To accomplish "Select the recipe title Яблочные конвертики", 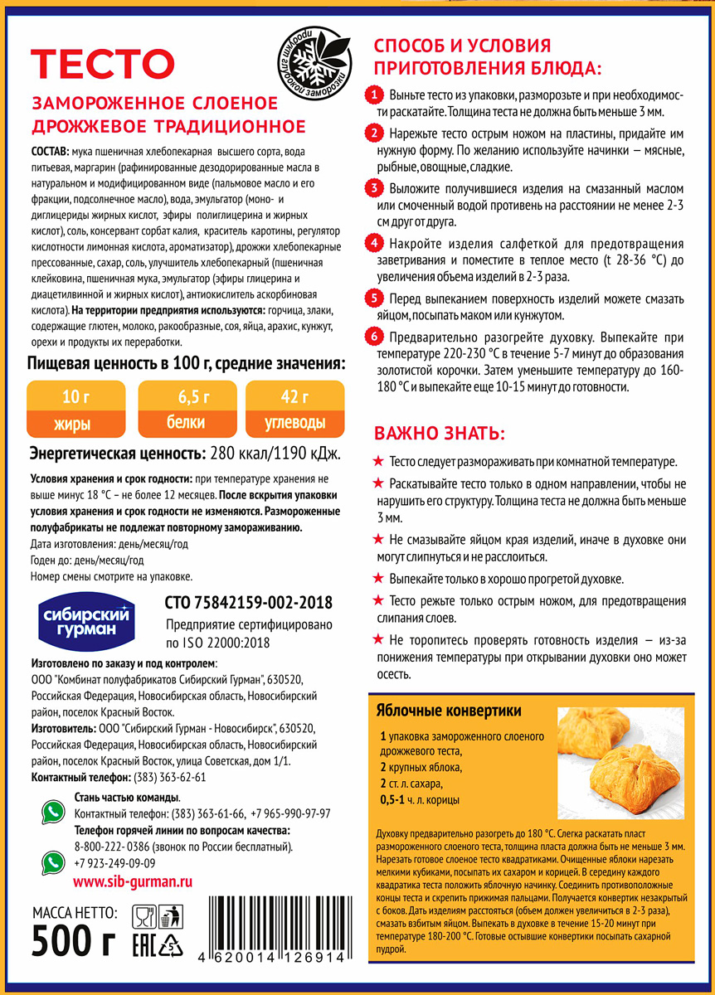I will coord(448,711).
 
